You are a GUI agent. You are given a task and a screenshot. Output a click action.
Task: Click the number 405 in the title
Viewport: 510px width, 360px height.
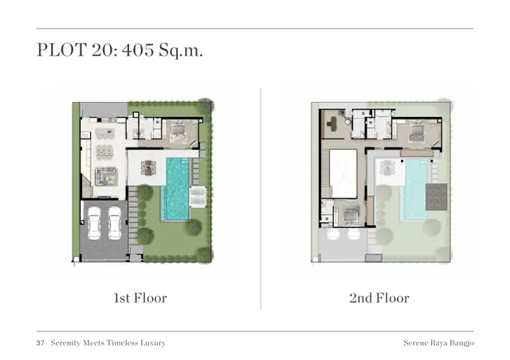coord(138,50)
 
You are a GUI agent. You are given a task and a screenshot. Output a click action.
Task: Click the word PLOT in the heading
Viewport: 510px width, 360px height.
coord(61,50)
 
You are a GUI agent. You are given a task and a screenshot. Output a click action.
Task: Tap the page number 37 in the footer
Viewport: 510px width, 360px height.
coord(40,343)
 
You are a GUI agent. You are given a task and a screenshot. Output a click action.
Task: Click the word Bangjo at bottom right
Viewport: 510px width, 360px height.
coord(461,343)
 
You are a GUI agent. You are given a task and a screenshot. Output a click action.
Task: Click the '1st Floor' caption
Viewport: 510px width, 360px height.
coord(140,298)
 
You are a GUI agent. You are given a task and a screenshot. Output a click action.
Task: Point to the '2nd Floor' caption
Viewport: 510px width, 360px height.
coord(379,298)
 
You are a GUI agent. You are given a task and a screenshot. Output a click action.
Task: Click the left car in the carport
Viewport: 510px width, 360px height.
coord(94,223)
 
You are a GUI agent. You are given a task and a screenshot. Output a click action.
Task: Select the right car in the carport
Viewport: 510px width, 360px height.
coord(115,223)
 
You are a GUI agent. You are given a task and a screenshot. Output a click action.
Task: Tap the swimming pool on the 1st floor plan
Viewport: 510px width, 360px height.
coord(178,189)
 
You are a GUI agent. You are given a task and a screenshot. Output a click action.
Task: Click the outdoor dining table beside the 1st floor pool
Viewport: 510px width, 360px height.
coord(148,167)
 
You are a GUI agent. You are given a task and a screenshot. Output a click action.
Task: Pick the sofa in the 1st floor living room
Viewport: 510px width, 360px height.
coord(106,176)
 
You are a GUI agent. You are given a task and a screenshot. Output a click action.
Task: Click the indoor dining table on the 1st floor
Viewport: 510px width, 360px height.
coord(104,152)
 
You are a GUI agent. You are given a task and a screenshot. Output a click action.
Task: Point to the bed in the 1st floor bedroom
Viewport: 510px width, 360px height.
coord(178,131)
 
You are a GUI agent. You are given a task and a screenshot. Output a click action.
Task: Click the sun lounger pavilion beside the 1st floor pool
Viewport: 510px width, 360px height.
coord(198,197)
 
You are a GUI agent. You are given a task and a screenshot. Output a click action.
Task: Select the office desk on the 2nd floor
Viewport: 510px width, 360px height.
coord(332,123)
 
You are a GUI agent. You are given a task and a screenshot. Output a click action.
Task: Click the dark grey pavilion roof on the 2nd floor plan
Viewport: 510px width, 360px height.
coord(436,197)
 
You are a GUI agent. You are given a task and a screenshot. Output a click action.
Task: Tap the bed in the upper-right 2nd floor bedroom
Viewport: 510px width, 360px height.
coord(417,132)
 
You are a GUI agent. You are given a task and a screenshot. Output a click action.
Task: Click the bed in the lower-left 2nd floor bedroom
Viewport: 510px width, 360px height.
coord(351,214)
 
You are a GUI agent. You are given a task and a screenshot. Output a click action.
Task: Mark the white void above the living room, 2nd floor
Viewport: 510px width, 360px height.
coord(343,174)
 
